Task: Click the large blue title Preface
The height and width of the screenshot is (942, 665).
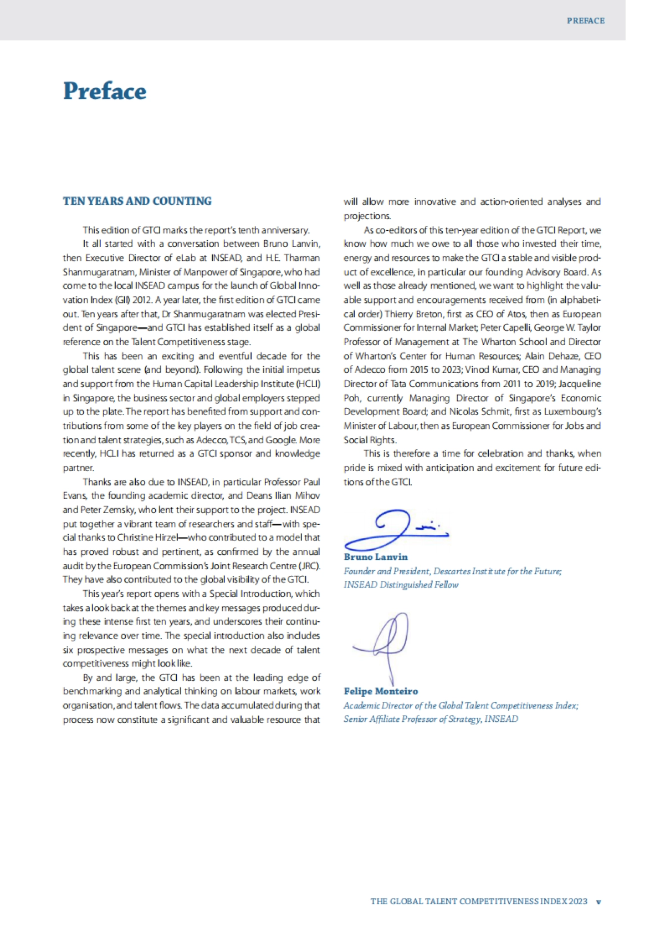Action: click(105, 91)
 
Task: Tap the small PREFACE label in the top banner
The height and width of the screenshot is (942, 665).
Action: click(585, 21)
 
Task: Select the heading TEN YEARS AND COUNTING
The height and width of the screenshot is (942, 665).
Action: click(137, 201)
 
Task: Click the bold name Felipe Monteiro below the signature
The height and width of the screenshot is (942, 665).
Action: click(381, 691)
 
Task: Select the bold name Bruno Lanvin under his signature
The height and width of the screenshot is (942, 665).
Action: click(375, 556)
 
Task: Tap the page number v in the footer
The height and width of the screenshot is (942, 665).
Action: click(598, 902)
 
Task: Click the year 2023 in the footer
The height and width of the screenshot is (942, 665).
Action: click(577, 902)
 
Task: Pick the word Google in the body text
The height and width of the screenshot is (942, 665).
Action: click(283, 440)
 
